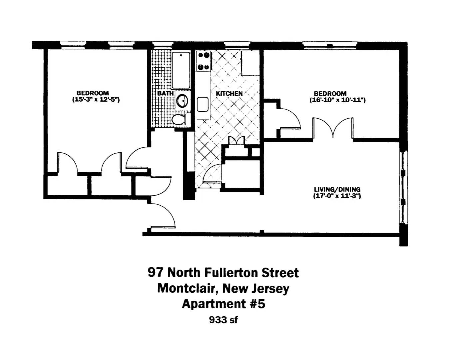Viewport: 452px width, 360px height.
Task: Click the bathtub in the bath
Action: [x=181, y=70]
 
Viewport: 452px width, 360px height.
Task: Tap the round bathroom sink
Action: [x=182, y=101]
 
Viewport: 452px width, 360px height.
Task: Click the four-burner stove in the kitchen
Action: [x=204, y=61]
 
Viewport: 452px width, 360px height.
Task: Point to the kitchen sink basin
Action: [x=203, y=104]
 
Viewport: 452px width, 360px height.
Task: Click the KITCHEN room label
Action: [x=229, y=94]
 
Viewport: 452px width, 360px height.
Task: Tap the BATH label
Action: [x=166, y=93]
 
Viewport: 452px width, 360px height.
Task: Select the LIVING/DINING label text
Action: [x=337, y=189]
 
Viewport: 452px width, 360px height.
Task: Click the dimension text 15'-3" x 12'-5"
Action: [x=96, y=100]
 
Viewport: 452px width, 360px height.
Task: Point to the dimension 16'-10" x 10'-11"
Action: [x=337, y=100]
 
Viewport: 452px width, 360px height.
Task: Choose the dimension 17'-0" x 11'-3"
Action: [x=337, y=196]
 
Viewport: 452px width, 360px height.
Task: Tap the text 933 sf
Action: [x=223, y=320]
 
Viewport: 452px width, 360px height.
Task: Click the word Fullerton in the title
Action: [x=230, y=273]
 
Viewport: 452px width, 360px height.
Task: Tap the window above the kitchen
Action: [x=237, y=45]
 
